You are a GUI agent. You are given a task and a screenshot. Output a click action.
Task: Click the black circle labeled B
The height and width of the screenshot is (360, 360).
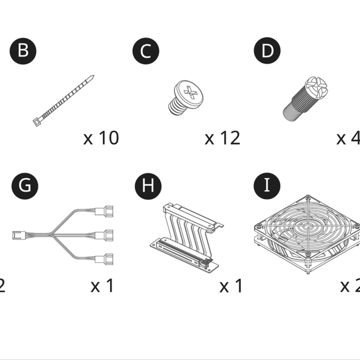tap(23, 51)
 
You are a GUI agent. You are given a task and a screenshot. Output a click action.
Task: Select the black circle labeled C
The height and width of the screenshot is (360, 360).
tap(146, 51)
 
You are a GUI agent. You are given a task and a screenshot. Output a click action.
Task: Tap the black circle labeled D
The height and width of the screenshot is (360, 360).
tap(268, 51)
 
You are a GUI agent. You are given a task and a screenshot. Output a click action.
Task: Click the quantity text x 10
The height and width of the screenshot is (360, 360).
tap(101, 137)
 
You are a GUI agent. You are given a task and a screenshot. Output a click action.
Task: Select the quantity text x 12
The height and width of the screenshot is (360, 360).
tap(222, 137)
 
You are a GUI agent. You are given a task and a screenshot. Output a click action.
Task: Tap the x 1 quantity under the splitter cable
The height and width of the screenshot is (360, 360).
tap(102, 286)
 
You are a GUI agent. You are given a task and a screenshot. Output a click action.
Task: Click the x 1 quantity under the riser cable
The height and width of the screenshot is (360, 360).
tap(231, 286)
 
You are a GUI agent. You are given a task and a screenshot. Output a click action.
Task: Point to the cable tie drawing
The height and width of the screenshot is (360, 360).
tap(64, 100)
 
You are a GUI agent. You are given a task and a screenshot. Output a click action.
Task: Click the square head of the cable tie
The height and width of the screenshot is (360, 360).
tap(37, 121)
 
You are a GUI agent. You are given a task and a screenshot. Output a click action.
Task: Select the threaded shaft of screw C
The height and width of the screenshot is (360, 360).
tap(177, 105)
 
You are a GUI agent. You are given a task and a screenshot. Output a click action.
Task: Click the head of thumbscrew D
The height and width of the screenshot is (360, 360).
tap(315, 88)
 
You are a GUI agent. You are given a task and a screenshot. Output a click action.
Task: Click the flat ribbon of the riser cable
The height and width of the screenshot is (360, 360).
tap(184, 223)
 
